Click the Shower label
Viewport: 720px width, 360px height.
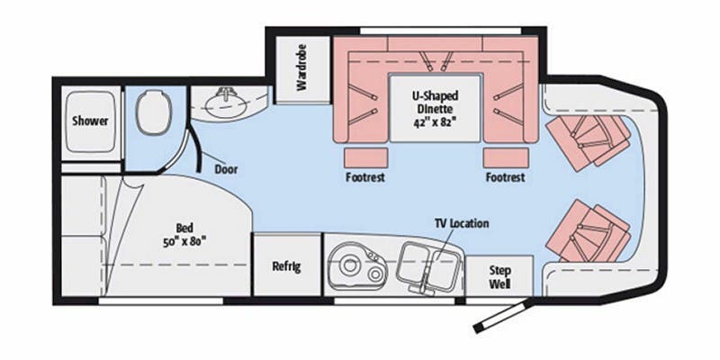91,121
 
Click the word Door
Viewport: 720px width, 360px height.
227,169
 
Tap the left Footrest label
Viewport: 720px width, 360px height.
365,177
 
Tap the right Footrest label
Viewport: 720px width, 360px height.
505,177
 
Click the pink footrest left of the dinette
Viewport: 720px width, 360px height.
366,158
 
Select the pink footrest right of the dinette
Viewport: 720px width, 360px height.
505,158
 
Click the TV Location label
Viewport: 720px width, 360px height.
462,223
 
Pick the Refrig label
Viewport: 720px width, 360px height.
286,266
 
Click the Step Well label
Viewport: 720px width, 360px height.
499,277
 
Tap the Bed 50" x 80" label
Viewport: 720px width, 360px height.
184,235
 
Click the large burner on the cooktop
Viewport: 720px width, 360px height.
351,265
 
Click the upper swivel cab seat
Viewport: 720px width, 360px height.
589,140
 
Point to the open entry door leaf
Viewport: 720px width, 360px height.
503,317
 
